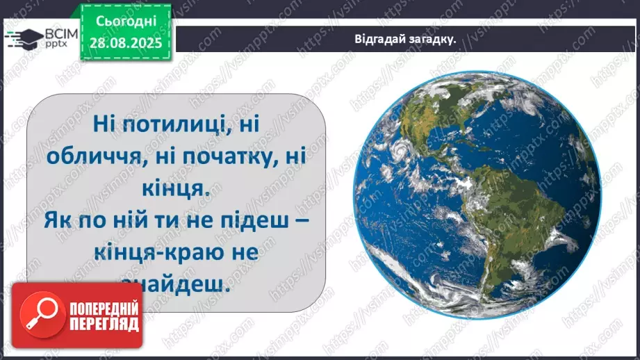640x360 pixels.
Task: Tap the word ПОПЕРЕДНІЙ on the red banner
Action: click(104, 309)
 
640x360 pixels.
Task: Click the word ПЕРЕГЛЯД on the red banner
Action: click(104, 325)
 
